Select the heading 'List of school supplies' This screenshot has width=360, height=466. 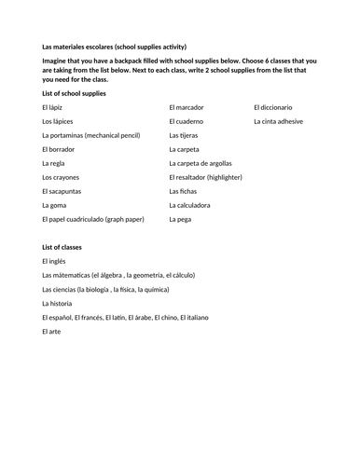(74, 93)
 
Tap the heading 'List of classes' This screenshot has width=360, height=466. (62, 247)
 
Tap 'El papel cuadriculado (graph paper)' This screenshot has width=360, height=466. (93, 219)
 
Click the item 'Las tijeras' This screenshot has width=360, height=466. (185, 135)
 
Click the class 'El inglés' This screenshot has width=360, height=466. (55, 261)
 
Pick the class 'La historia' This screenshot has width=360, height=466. (57, 303)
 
